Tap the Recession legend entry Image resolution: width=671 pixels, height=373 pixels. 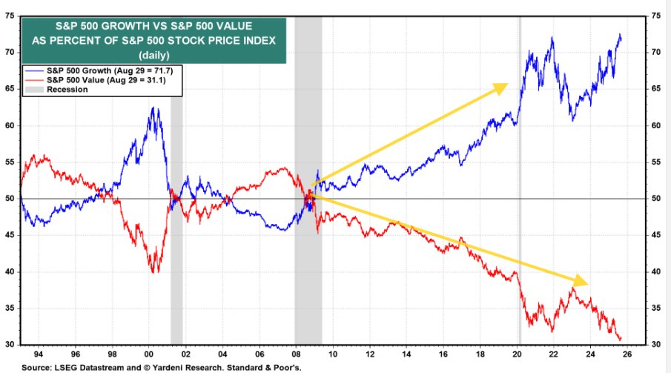67,89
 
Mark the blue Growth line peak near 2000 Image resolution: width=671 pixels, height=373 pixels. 153,109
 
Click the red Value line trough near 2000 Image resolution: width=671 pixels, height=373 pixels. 153,271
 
